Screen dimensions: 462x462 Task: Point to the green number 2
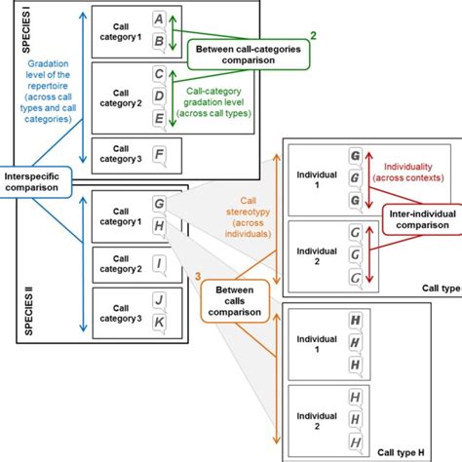click(313, 36)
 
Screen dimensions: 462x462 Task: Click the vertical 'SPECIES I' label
click(13, 30)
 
